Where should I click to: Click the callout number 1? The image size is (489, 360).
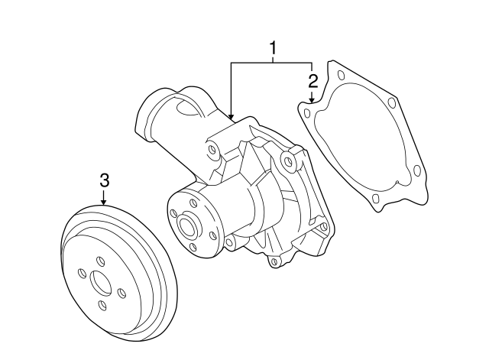(274, 48)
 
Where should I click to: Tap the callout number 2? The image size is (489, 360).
(313, 81)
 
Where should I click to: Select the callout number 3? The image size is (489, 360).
(105, 180)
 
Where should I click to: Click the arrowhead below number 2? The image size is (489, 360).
(311, 99)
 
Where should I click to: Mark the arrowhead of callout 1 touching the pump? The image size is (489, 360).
(231, 117)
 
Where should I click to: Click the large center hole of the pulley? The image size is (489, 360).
(100, 283)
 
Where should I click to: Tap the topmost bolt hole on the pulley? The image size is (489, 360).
(100, 261)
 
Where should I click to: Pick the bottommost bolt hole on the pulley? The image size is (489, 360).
(102, 305)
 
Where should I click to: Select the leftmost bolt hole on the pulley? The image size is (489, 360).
(82, 274)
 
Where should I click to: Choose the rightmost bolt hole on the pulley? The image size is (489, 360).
(121, 294)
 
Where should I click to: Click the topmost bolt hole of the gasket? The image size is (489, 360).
(341, 75)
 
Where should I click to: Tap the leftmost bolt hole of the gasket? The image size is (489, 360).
(307, 113)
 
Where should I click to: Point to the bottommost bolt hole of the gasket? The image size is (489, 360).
(375, 198)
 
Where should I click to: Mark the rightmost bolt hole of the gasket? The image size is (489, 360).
(416, 170)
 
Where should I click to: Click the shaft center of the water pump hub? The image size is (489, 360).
(188, 224)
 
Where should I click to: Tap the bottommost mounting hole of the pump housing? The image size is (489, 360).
(274, 261)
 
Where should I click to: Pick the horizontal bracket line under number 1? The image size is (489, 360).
(271, 63)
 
